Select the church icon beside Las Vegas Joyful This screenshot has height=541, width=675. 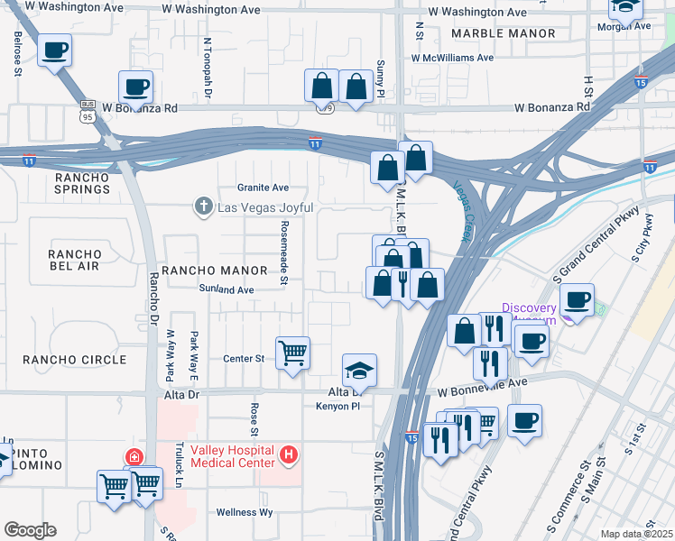pos(205,207)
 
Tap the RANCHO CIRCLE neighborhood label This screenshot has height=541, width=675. pos(75,360)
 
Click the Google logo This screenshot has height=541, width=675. pos(30,530)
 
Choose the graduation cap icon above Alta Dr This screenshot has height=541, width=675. pos(359,370)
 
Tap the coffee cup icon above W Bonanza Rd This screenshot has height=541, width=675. pos(135,87)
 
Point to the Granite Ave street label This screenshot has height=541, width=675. pos(263,188)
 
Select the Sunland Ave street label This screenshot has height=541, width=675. pos(227,289)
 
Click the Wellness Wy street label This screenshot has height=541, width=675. pos(245,512)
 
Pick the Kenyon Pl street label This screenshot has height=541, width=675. pos(338,407)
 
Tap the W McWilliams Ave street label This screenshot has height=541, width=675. pos(452,57)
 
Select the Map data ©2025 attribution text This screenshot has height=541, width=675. pos(636,534)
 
